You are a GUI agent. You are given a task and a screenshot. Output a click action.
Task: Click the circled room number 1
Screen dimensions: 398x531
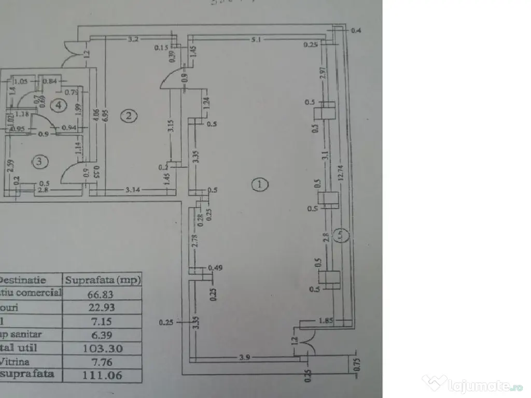click(260, 183)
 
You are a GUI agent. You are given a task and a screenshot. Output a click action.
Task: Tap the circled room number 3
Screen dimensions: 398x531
click(40, 162)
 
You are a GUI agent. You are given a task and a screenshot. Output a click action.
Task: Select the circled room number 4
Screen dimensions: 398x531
click(59, 106)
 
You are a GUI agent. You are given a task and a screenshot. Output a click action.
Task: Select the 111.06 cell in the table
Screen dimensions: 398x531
click(102, 375)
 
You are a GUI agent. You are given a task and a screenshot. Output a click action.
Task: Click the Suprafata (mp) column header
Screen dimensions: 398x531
click(102, 280)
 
